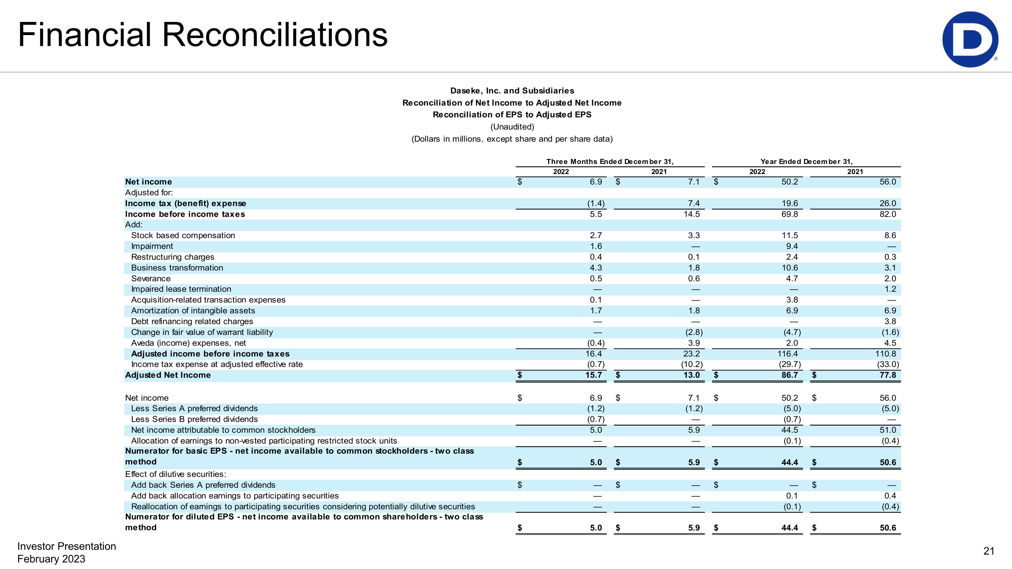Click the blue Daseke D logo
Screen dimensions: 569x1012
tap(969, 39)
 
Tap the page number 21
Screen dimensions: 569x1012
tap(988, 551)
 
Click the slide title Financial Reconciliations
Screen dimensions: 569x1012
tap(203, 35)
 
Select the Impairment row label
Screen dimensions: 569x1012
tap(152, 246)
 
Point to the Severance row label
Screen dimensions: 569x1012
tap(151, 278)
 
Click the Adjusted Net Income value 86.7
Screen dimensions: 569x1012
tap(789, 375)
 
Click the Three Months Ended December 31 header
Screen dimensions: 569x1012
tap(610, 162)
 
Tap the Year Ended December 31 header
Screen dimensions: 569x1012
tap(806, 162)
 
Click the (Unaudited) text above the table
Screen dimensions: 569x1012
tap(512, 127)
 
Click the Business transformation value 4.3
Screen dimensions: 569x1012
tap(596, 268)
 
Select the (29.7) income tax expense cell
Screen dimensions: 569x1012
tap(790, 364)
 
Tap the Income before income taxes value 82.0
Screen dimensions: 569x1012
tap(888, 214)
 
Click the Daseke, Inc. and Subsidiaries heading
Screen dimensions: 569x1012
tap(512, 91)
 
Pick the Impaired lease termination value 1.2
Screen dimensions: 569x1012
tap(890, 289)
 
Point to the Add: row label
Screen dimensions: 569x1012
tap(134, 225)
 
